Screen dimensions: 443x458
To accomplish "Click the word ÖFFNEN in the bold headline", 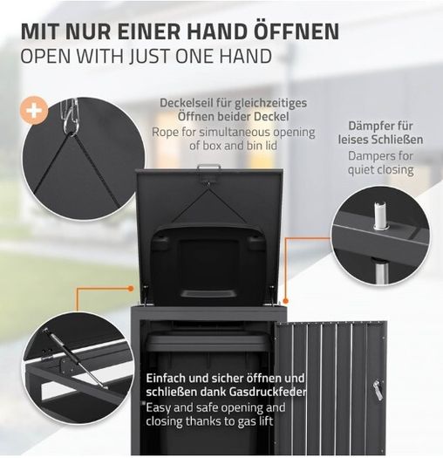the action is [x=296, y=31].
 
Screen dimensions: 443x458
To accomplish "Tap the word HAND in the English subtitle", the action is [x=245, y=56].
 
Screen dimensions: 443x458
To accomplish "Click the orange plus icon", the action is [x=34, y=110].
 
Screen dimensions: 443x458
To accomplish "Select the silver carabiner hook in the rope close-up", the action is [x=69, y=116].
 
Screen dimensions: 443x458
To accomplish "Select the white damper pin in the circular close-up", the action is [x=378, y=215].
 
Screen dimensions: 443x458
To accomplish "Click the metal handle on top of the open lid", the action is [x=208, y=167].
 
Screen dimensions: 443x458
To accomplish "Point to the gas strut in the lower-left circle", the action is [x=76, y=359].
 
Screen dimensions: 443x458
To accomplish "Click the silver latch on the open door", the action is [x=377, y=390].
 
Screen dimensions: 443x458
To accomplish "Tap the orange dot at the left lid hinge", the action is [x=131, y=289].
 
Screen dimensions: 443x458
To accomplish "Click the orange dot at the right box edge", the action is [x=286, y=301].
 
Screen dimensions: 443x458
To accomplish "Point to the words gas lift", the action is [x=255, y=421].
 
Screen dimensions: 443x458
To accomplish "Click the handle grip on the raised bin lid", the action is [x=208, y=293].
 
